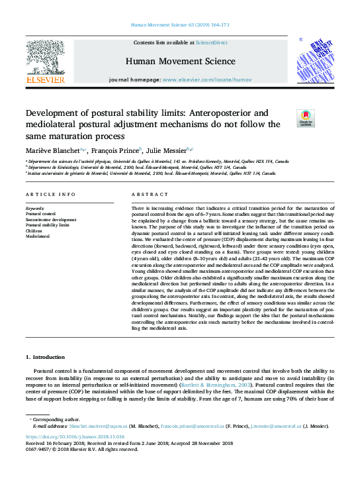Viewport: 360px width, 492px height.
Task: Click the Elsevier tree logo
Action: [45, 58]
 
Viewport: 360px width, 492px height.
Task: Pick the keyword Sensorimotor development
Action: [51, 219]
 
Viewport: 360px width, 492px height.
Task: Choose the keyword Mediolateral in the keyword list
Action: [38, 236]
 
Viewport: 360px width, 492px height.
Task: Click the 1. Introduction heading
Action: [48, 358]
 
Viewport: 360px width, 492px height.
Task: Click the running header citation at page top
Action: [179, 25]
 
